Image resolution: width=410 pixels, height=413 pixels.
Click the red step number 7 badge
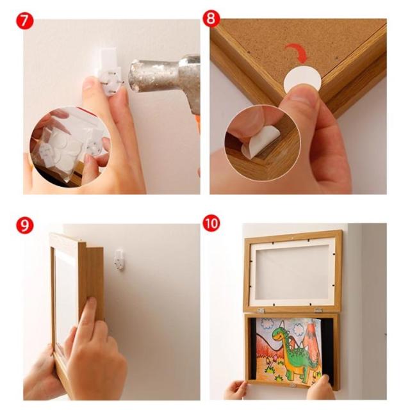click(x=25, y=20)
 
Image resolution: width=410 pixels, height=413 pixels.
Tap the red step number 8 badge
click(x=211, y=19)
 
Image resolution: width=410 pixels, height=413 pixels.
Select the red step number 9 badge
click(x=25, y=225)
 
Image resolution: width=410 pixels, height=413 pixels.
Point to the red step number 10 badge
click(x=211, y=223)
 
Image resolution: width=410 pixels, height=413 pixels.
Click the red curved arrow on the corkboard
click(x=296, y=53)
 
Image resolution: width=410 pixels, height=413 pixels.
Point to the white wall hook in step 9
click(x=119, y=259)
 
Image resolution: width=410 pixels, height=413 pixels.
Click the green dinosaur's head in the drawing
click(x=279, y=334)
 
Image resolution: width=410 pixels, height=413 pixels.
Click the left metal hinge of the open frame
click(x=260, y=311)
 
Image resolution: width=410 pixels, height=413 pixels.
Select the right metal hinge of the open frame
click(x=318, y=310)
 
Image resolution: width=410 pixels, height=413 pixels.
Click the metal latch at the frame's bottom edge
click(x=293, y=386)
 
